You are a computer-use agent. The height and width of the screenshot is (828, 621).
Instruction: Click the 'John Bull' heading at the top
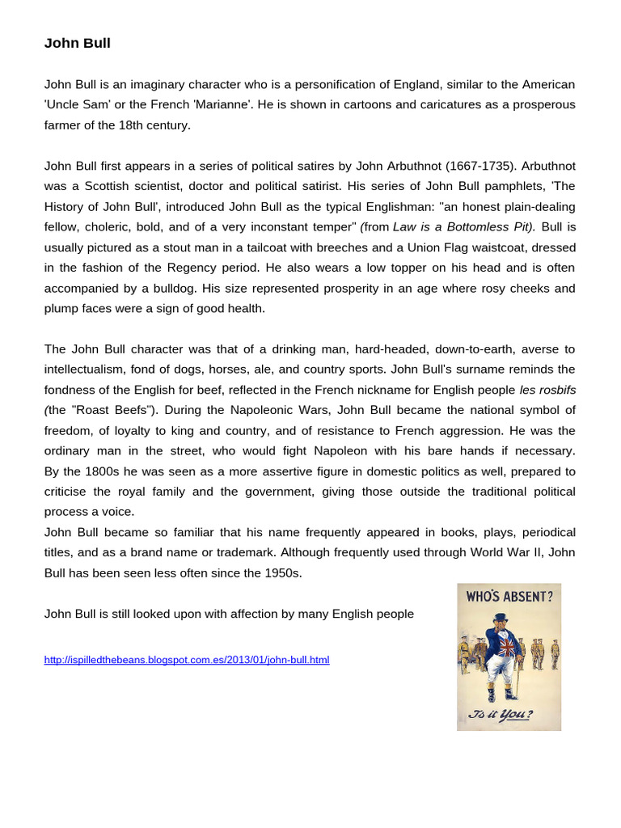[x=77, y=44]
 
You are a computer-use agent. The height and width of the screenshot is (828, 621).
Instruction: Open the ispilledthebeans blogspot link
[x=187, y=660]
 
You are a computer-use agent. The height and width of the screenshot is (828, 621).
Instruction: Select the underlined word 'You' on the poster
[x=517, y=714]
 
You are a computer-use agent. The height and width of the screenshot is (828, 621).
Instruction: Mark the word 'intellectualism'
[x=86, y=369]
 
